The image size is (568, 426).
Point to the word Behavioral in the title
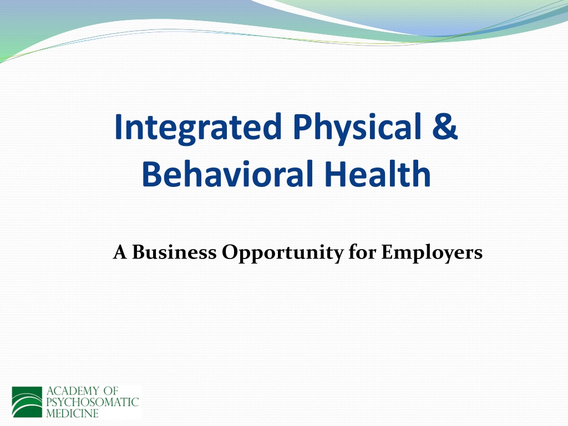point(227,173)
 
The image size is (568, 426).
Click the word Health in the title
point(377,173)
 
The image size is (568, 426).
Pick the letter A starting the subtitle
point(120,252)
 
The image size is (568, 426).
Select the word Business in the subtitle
point(174,252)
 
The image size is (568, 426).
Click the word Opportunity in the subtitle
point(282,253)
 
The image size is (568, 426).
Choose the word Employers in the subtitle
point(432,253)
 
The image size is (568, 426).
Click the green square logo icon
point(27,402)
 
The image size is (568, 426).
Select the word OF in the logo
point(110,391)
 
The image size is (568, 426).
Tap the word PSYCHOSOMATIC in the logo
point(93,402)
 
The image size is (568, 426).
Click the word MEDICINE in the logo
point(73,413)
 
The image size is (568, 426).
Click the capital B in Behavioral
point(152,174)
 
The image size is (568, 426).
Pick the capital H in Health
point(335,174)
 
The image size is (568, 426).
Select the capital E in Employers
point(387,252)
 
